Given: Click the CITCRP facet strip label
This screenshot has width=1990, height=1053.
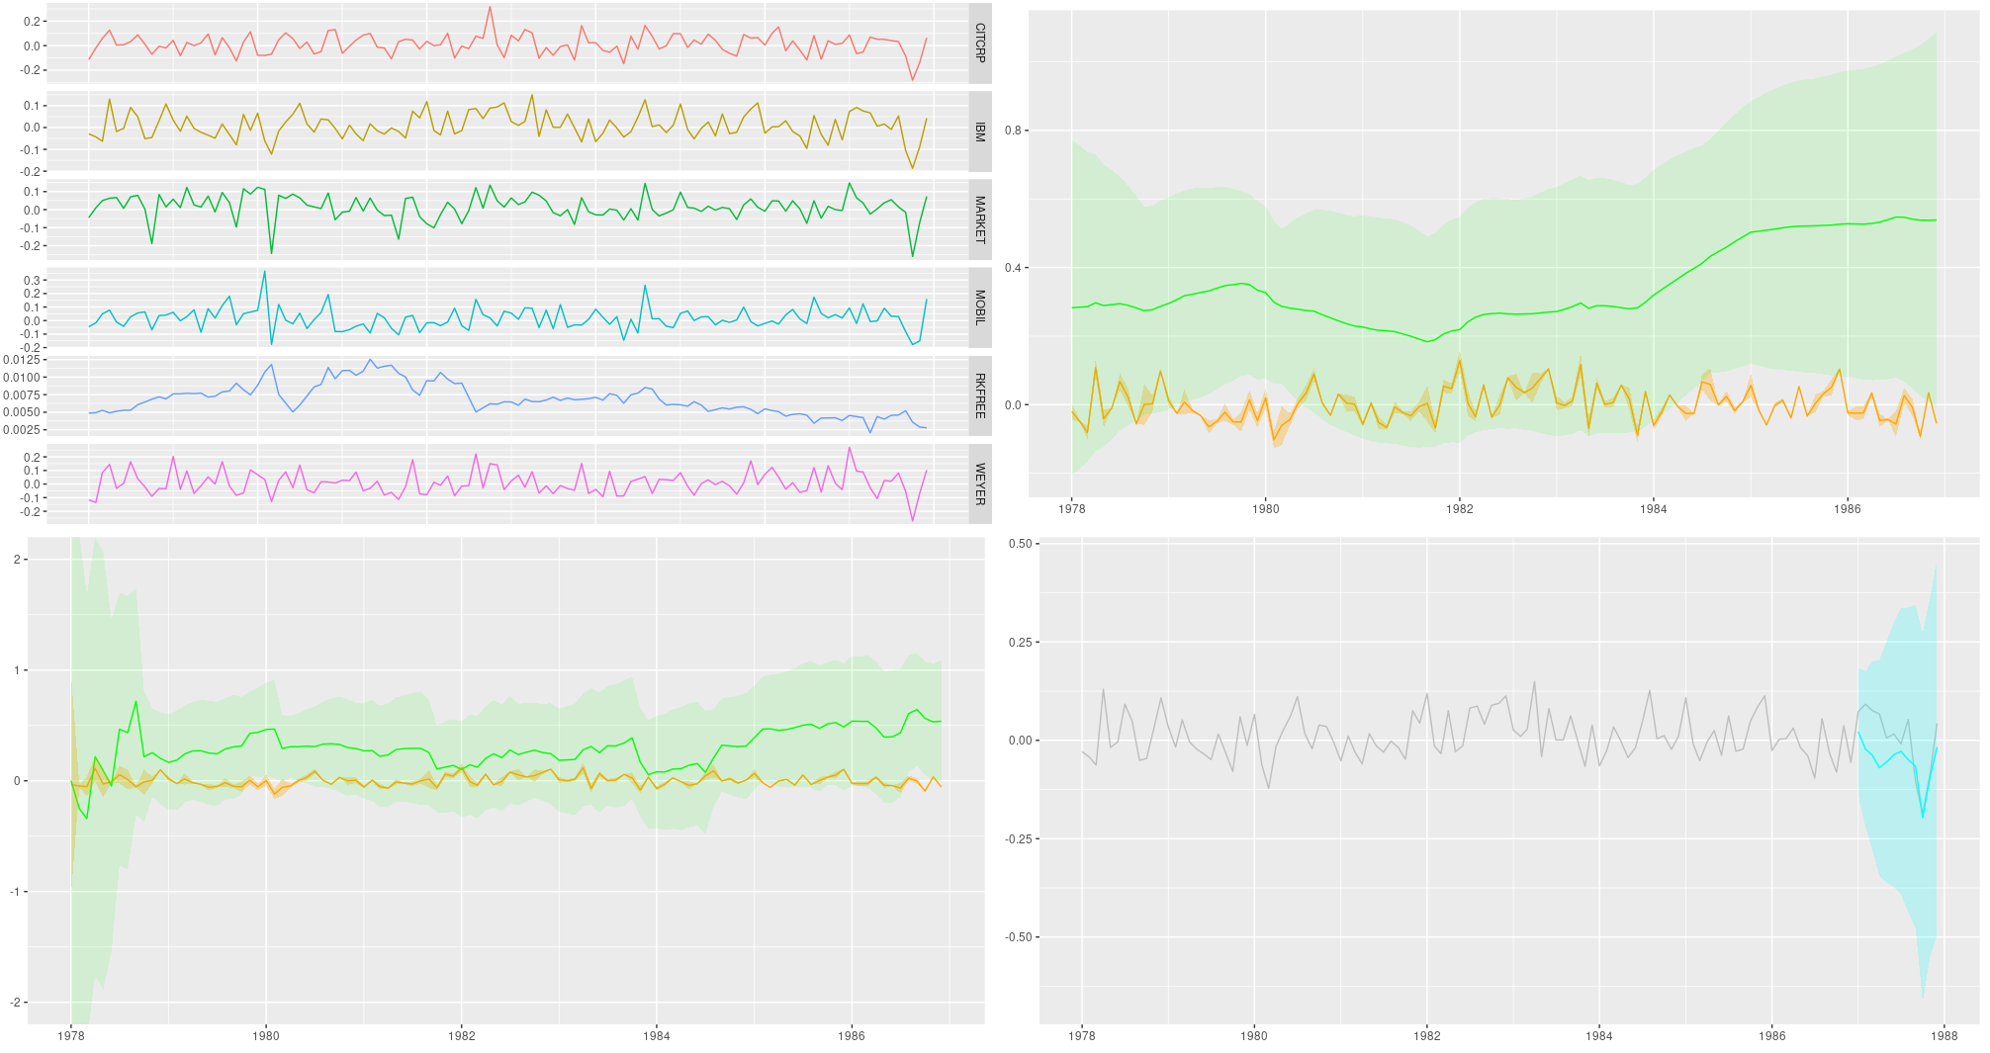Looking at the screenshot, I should point(979,43).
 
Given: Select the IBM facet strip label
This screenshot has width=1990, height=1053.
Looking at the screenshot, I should point(979,132).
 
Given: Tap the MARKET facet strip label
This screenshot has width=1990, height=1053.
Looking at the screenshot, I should point(979,219).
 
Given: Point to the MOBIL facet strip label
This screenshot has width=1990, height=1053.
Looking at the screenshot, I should point(979,307).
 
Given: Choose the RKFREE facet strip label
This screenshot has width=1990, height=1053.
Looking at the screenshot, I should point(979,395).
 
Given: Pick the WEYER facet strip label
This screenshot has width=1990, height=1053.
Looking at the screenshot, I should point(979,483).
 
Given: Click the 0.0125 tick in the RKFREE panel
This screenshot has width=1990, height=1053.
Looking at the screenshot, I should point(22,360).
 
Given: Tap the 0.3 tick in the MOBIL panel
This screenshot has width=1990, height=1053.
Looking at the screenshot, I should point(33,281).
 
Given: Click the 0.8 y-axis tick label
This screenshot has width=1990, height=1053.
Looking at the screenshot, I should point(1013,131).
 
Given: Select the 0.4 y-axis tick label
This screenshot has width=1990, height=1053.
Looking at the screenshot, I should point(1013,268).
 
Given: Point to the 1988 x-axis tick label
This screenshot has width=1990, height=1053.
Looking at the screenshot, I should point(1944,1036).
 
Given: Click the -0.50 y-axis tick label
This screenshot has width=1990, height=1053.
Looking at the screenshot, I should point(1019,937).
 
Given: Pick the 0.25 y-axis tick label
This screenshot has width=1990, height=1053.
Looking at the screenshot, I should point(1021,643).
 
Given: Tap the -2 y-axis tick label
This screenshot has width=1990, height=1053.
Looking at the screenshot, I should point(16,1003).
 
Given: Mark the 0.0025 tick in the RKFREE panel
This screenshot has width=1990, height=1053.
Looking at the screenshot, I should point(22,430).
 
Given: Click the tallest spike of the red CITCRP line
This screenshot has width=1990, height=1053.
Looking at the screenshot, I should point(490,8).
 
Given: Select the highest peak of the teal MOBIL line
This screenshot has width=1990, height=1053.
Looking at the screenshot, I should point(264,271).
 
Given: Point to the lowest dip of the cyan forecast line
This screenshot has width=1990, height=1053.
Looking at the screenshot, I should point(1923,817).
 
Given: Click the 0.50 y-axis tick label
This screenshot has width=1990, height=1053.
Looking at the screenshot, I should point(1021,544).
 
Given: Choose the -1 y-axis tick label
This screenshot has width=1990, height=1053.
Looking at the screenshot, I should point(16,892).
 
